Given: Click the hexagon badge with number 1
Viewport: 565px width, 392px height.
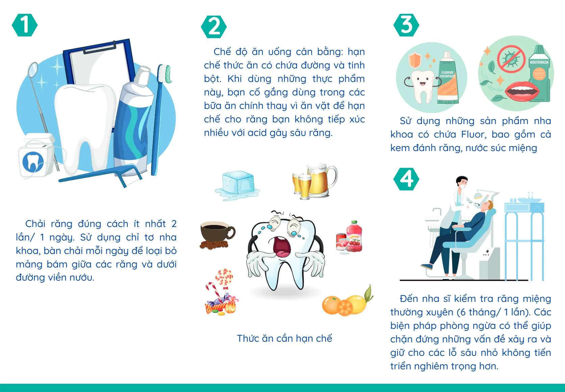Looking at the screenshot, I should click(24, 25).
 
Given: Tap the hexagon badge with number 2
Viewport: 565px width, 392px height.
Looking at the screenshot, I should click(214, 27).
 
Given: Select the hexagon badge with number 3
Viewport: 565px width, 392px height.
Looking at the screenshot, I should click(406, 25).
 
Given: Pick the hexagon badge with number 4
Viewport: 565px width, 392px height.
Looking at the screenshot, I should click(406, 179).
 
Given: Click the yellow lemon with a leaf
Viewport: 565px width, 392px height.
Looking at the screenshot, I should click(357, 304).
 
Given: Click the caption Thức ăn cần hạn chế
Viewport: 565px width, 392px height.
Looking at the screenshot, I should click(284, 338).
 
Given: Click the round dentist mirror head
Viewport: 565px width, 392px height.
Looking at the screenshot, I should click(33, 69).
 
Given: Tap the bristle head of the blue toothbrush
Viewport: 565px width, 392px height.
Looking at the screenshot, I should click(165, 74).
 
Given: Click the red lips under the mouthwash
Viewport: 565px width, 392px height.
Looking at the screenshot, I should click(520, 91).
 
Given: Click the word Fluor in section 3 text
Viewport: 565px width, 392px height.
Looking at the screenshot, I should click(473, 134).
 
